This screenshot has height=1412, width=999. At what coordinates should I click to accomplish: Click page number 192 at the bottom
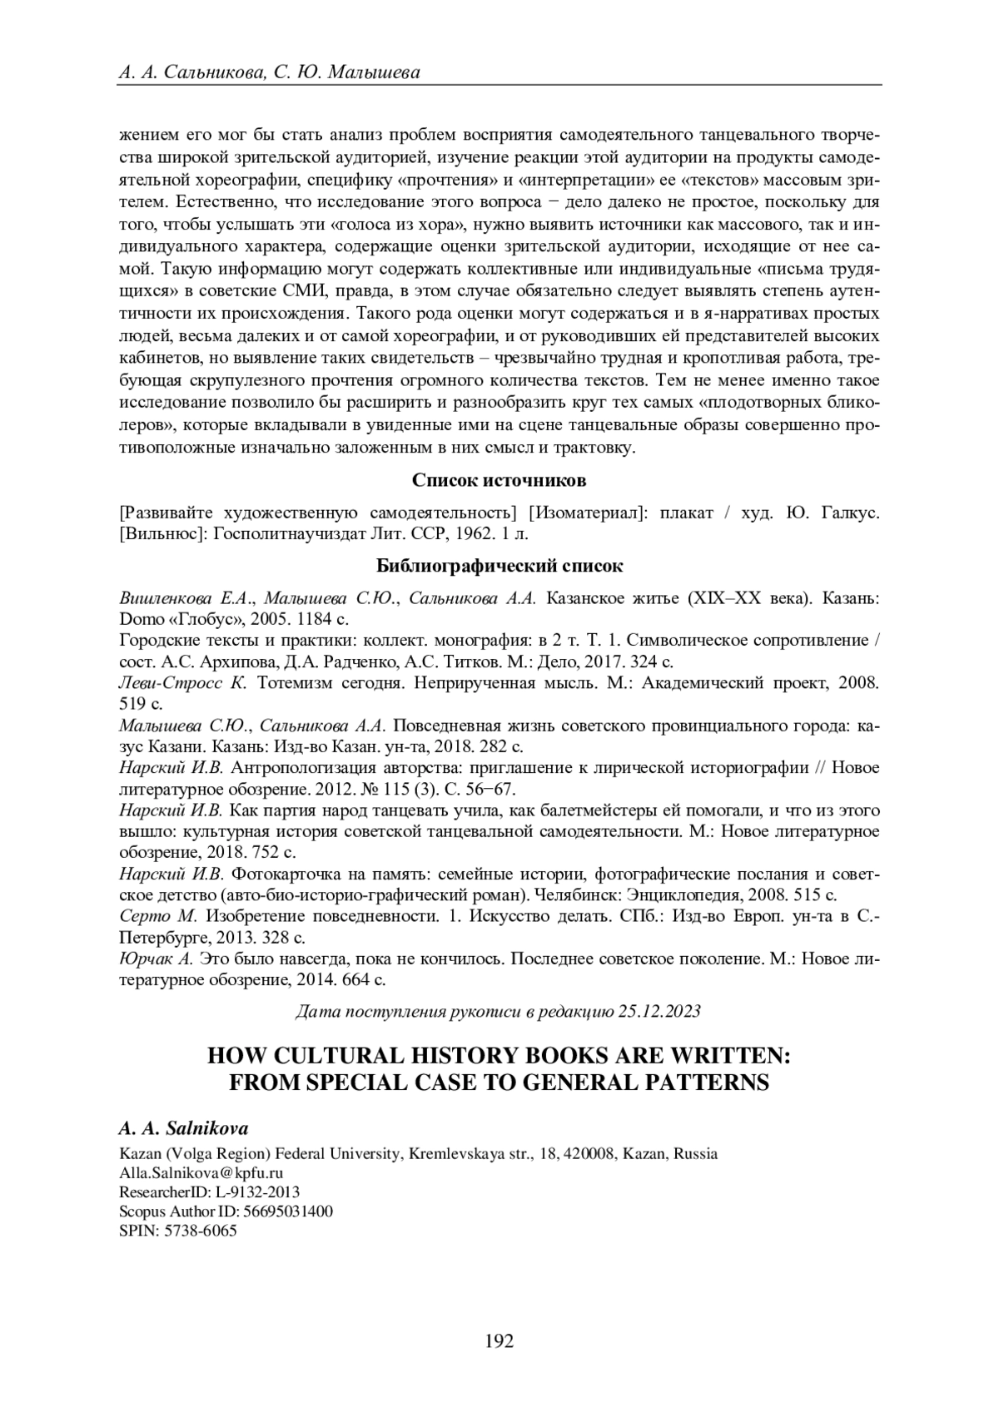pyautogui.click(x=499, y=1340)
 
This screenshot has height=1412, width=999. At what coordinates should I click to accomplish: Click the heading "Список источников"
pyautogui.click(x=499, y=481)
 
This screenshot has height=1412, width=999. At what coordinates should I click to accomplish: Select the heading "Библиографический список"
pyautogui.click(x=499, y=566)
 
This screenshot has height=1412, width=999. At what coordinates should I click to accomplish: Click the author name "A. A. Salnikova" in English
pyautogui.click(x=184, y=1128)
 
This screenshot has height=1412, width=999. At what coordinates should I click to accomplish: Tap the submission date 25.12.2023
pyautogui.click(x=659, y=1011)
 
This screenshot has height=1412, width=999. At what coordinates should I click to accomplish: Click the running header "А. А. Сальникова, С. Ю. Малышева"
pyautogui.click(x=270, y=72)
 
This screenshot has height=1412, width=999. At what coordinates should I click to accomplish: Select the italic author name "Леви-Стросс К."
pyautogui.click(x=183, y=683)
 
